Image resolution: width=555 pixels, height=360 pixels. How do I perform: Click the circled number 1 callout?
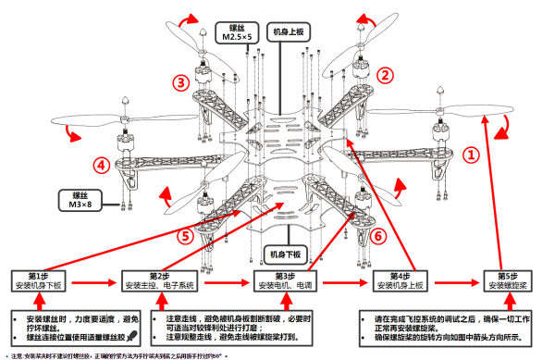[471, 155]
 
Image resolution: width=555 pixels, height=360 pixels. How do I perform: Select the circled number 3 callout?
[180, 82]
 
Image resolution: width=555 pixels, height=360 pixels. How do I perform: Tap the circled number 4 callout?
[101, 166]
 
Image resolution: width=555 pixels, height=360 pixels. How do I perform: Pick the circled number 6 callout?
[377, 235]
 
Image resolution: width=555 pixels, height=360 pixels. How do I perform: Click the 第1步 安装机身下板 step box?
[38, 281]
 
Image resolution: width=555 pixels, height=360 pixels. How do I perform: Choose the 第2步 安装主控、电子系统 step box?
[160, 281]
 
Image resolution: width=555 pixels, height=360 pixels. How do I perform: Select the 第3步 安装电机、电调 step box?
[284, 281]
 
